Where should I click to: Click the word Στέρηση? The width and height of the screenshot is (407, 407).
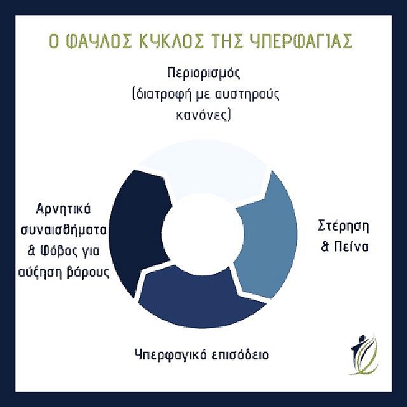pyautogui.click(x=343, y=226)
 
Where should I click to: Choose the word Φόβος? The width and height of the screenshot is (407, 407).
pyautogui.click(x=64, y=250)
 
